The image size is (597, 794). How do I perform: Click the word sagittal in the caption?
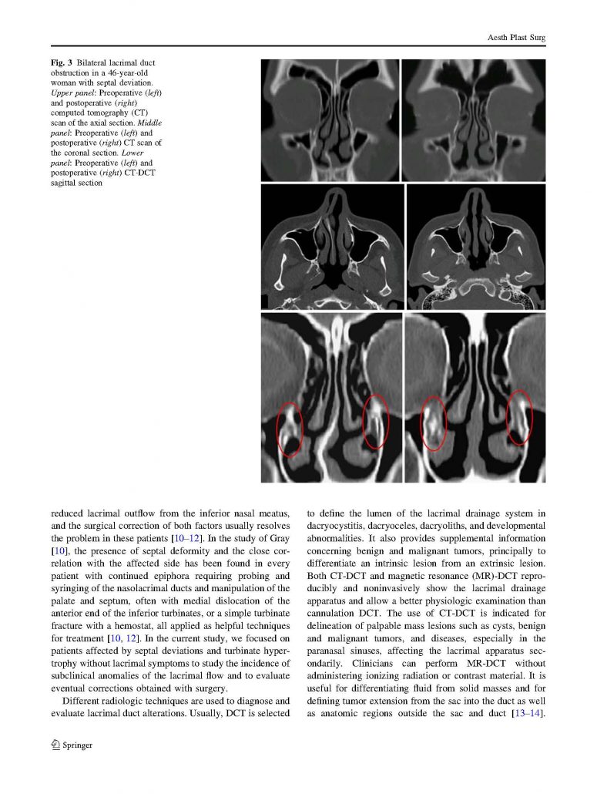point(65,183)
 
